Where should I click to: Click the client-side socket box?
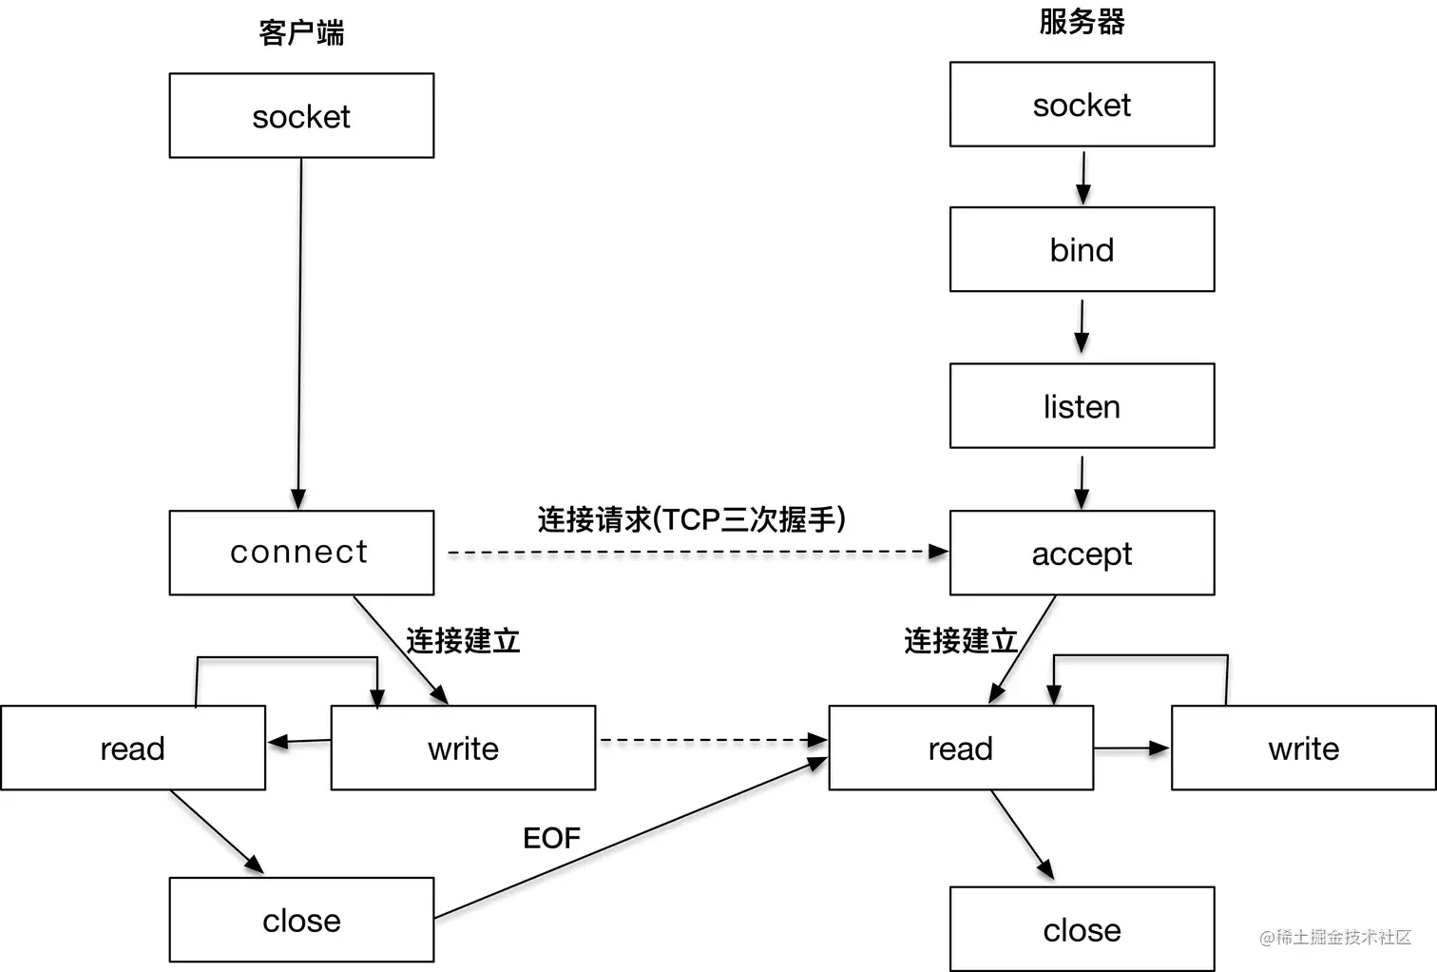coord(301,116)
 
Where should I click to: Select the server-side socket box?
coord(1082,105)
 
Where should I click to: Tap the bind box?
coord(1082,249)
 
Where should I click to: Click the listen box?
coord(1082,406)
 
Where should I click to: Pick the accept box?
coord(1082,554)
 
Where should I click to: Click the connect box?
coord(301,553)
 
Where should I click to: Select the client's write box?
coord(463,748)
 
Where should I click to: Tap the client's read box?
coord(133,748)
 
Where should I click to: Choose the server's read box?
coord(961,748)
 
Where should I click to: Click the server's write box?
coord(1303,748)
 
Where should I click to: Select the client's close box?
coord(301,920)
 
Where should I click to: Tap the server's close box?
coord(1082,929)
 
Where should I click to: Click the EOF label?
coord(551,838)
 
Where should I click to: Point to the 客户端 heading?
coord(301,33)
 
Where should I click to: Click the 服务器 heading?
coord(1082,21)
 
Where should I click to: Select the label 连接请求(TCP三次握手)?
coord(691,519)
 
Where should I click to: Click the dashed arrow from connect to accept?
coord(691,552)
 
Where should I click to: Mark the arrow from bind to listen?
coord(1082,327)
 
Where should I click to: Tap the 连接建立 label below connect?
coord(463,640)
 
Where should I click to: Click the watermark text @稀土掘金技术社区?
coord(1334,937)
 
